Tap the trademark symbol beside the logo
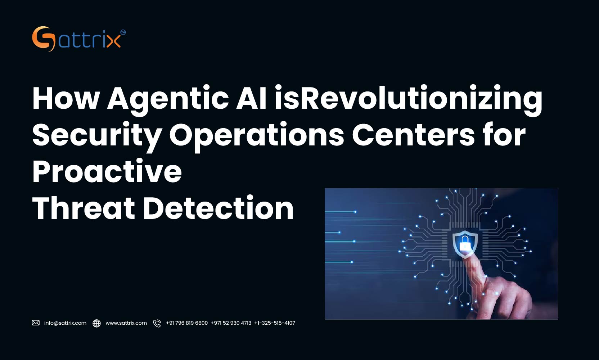tap(123, 32)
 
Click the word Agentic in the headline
tap(168, 99)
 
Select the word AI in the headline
tap(251, 98)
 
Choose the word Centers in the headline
tap(413, 135)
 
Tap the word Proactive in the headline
tap(107, 171)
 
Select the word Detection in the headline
tap(219, 208)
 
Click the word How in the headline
tap(66, 98)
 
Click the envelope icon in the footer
tap(36, 323)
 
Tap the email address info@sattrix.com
tap(65, 323)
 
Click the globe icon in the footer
tap(96, 323)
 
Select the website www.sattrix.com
tap(126, 323)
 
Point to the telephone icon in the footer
tap(157, 323)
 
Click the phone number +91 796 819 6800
tap(186, 323)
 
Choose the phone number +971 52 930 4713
tap(231, 323)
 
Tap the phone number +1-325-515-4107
tap(274, 323)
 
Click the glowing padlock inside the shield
tap(465, 244)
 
